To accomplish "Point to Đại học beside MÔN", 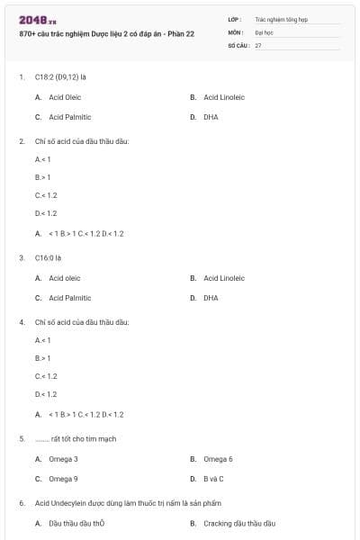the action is (x=263, y=31).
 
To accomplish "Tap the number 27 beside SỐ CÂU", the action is (x=258, y=44).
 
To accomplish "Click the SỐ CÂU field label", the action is (x=238, y=44).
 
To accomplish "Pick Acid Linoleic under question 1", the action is (x=224, y=97).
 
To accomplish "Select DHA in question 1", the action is (x=211, y=117).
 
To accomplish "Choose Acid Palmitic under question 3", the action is (x=69, y=298).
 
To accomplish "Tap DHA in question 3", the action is (x=211, y=298).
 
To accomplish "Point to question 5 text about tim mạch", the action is (x=76, y=439).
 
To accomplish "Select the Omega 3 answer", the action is (x=63, y=459).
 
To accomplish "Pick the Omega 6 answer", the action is (x=218, y=459).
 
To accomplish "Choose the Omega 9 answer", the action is (x=63, y=479).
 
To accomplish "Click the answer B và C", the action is (x=213, y=479).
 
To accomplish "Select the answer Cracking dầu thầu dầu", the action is (x=238, y=523).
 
